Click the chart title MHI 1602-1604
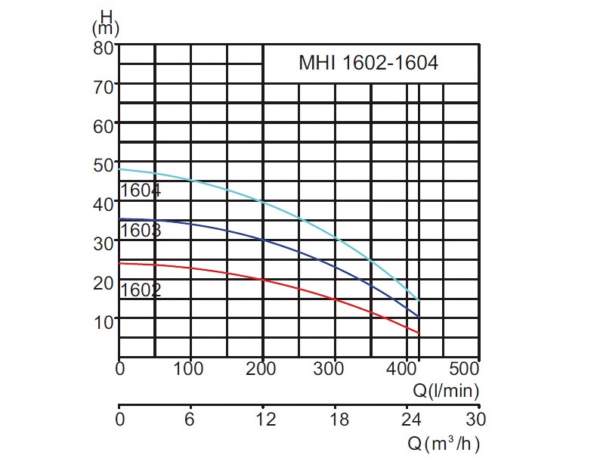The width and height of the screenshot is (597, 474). point(368,64)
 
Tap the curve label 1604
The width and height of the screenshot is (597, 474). point(141,191)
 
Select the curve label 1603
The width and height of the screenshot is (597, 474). point(141,230)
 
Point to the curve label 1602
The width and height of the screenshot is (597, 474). point(141,290)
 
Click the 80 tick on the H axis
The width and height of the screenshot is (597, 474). point(103,46)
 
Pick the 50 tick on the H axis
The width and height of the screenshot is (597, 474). point(103,163)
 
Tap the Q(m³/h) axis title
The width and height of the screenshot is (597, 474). point(444,444)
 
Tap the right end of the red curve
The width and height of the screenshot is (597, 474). point(419,333)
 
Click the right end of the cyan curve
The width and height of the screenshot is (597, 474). point(419,300)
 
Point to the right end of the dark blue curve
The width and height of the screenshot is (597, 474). point(419,316)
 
